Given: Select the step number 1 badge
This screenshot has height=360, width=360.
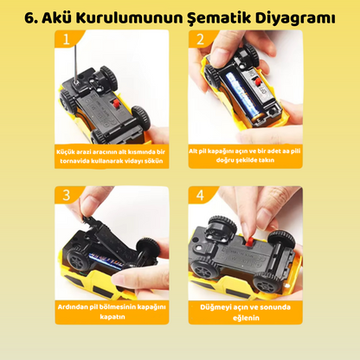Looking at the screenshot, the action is click(67, 39).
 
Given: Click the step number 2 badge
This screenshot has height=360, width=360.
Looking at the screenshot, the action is click(200, 39).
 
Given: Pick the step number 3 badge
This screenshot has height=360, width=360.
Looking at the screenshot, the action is click(67, 196).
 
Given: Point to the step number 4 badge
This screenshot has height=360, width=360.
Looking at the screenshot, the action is click(200, 196).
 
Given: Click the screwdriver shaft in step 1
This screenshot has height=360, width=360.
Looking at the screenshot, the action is click(76, 61).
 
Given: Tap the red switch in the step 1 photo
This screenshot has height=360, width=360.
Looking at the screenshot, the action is click(116, 104).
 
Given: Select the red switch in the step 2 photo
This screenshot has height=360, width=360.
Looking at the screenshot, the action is click(258, 82).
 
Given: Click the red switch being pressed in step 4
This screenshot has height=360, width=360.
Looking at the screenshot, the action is click(249, 241).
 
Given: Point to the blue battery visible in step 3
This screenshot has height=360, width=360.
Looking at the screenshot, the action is click(106, 260).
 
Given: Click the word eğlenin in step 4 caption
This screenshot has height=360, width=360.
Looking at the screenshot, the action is click(246, 318).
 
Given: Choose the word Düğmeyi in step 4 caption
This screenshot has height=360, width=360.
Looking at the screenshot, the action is click(215, 307).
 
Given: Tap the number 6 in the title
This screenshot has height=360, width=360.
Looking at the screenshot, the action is click(29, 18).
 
